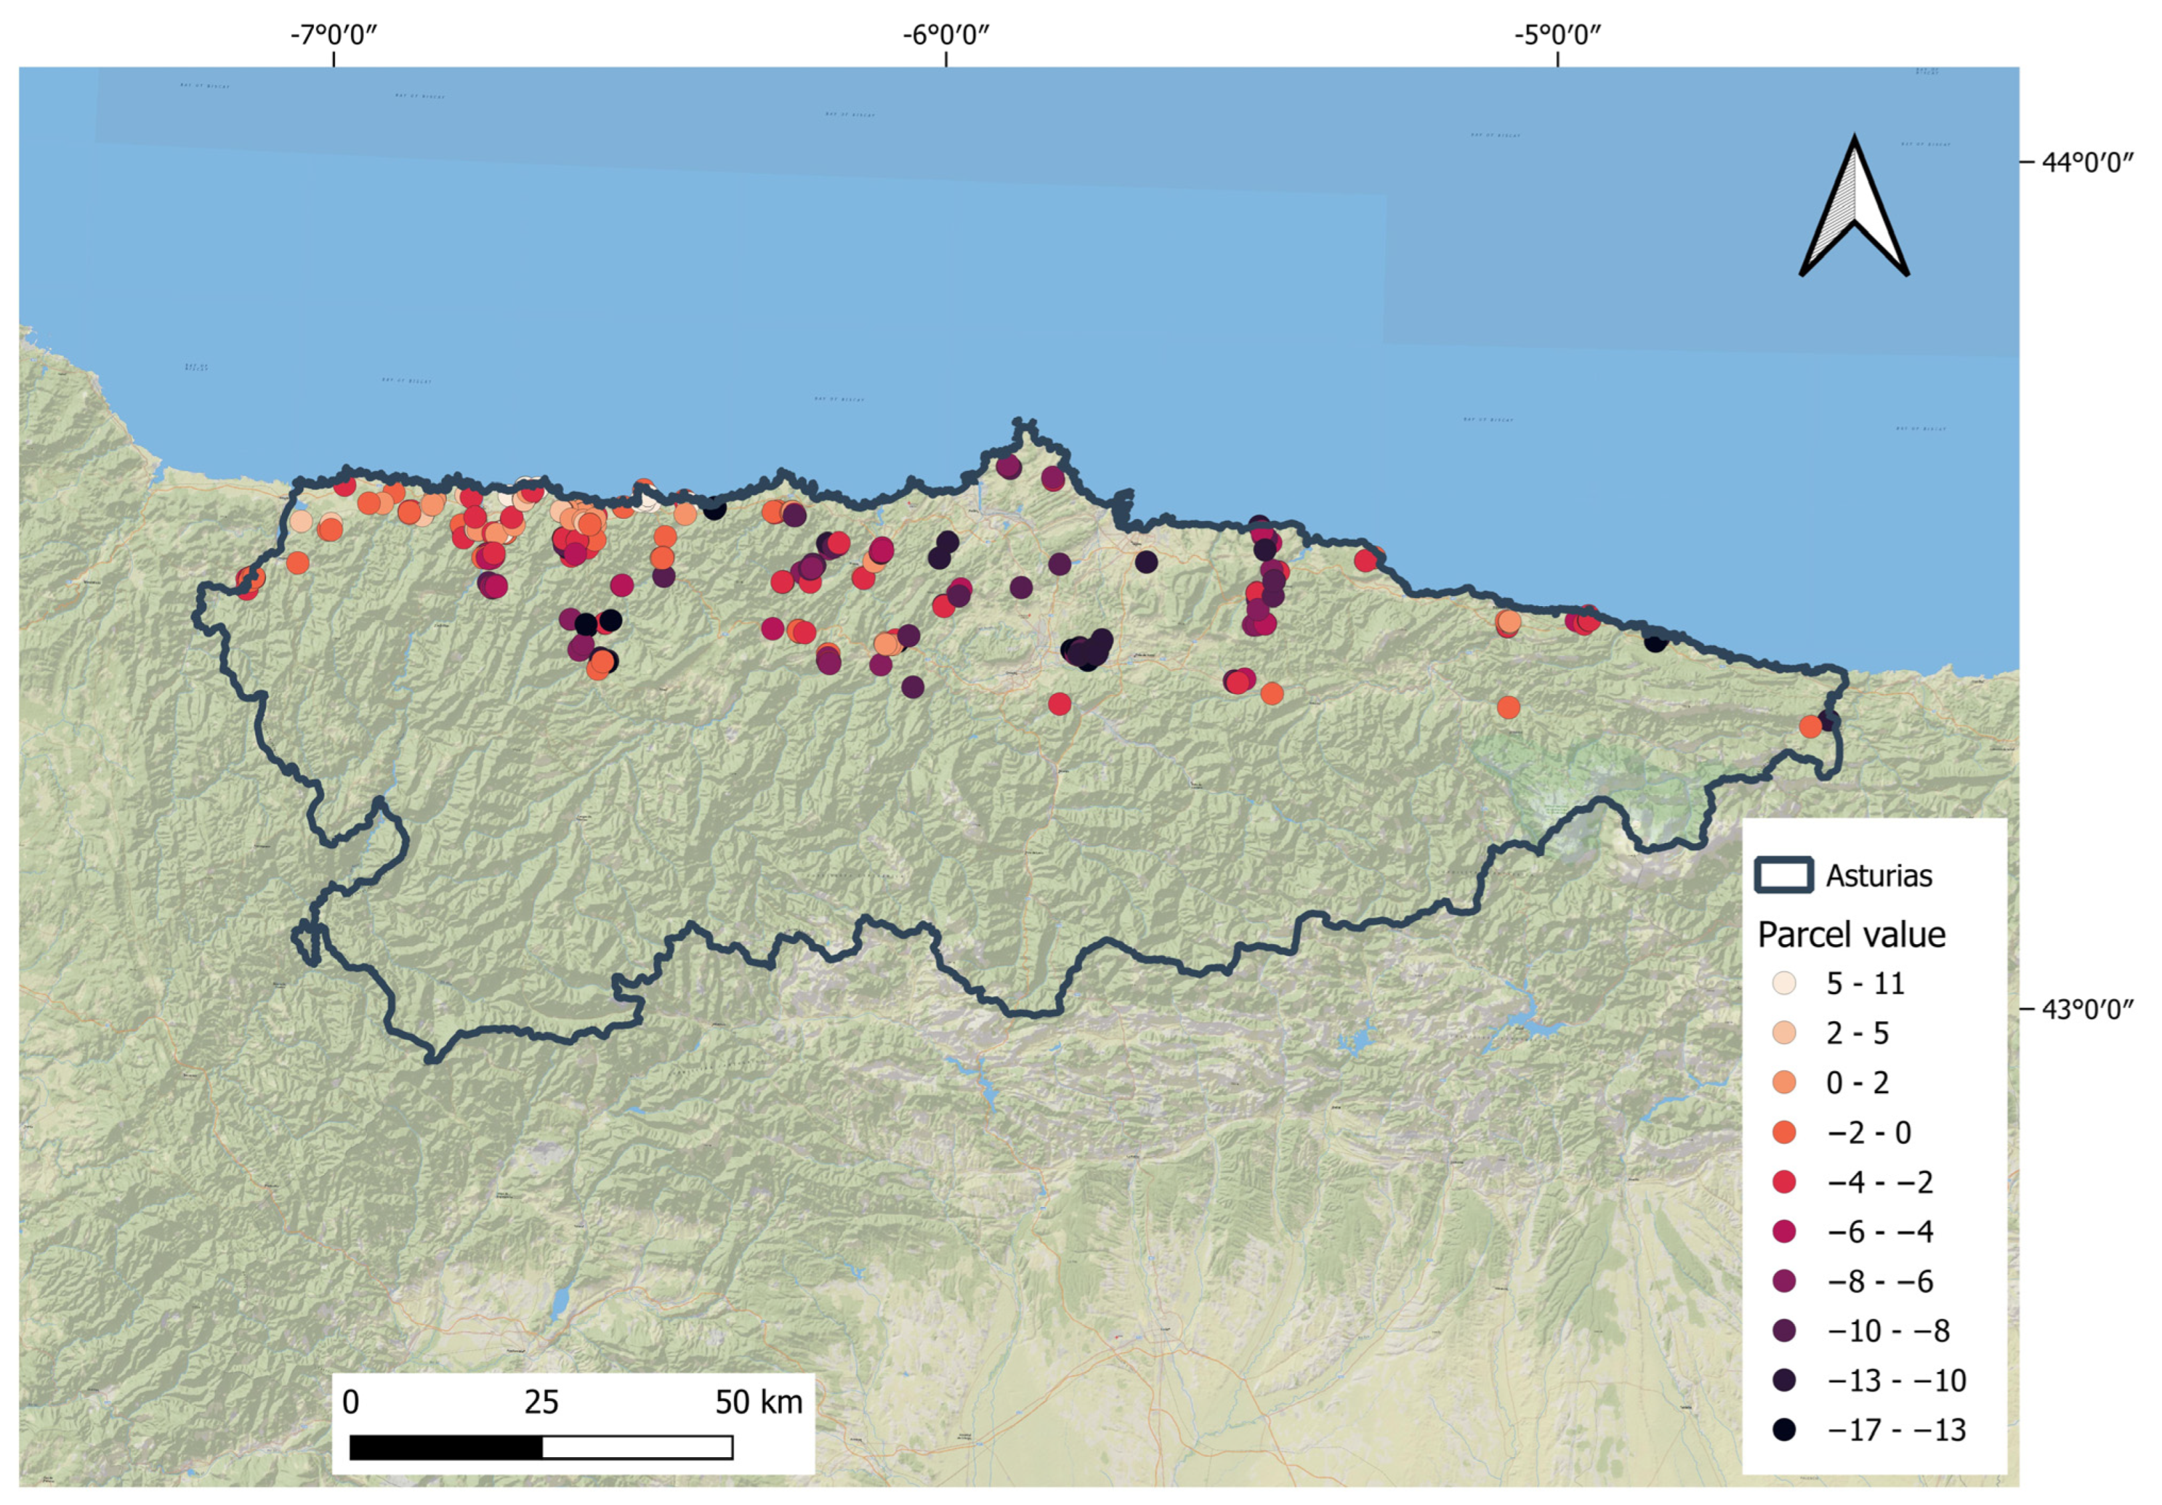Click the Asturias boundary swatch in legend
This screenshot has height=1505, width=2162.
click(x=1784, y=875)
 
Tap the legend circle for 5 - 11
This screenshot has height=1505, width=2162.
click(x=1784, y=983)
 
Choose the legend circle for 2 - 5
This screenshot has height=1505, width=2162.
click(x=1784, y=1033)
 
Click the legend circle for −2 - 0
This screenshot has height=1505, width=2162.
click(x=1784, y=1132)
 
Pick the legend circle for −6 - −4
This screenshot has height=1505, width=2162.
click(x=1784, y=1231)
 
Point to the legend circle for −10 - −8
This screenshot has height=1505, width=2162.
click(x=1784, y=1331)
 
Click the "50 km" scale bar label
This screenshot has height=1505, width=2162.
click(x=758, y=1403)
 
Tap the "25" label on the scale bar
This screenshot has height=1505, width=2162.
click(x=541, y=1403)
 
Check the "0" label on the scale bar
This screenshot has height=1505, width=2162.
click(x=350, y=1403)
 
